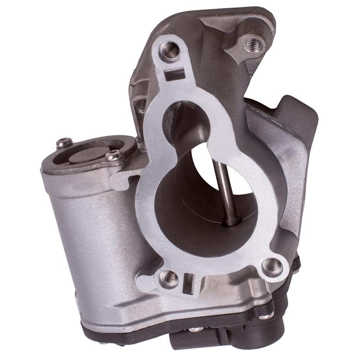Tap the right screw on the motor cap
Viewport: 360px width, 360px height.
coord(114,156)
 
